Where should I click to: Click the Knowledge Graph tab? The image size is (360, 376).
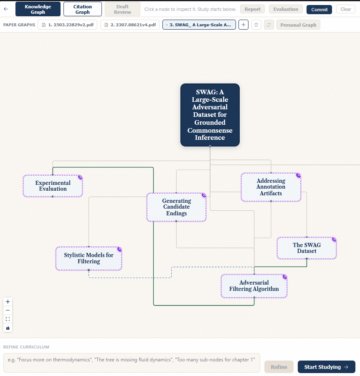[38, 9]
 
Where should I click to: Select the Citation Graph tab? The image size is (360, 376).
[83, 9]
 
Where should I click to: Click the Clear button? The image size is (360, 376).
[346, 9]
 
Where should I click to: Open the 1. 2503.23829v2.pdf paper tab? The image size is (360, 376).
[67, 25]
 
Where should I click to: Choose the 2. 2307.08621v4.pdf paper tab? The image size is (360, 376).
[130, 25]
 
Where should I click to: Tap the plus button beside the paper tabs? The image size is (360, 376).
[243, 25]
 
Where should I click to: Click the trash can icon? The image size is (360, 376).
[256, 25]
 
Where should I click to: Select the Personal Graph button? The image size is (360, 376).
[298, 25]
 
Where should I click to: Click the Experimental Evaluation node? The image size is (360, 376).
[53, 186]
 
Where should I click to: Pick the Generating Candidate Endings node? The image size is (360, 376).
[176, 207]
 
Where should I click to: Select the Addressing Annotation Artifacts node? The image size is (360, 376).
[271, 187]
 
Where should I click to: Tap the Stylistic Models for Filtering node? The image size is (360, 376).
[89, 258]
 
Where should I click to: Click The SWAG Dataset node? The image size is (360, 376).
[307, 248]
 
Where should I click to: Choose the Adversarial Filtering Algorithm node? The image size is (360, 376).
[254, 286]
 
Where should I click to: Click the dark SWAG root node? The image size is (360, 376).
[210, 115]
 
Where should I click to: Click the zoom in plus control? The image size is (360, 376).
[8, 302]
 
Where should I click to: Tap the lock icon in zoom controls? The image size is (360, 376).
[8, 328]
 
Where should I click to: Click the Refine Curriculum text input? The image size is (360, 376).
[132, 363]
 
